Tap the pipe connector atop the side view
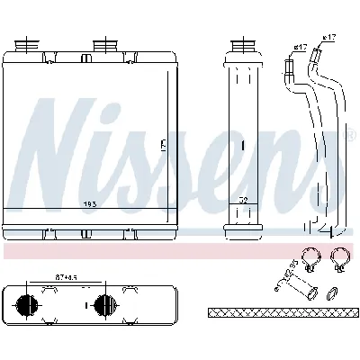pos(242,45)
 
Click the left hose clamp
pos(310,261)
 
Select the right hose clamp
pos(340,261)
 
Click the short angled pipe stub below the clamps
pos(294,287)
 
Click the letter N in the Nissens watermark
pos(58,148)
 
